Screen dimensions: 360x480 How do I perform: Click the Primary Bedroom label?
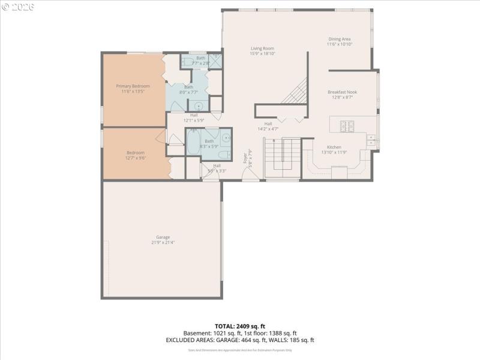(133, 86)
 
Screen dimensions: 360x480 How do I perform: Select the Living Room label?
(262, 48)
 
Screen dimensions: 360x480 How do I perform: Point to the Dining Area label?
(339, 39)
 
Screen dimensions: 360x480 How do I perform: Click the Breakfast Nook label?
(342, 92)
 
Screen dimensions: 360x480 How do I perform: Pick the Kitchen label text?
(334, 147)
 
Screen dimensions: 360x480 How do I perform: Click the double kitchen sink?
(371, 140)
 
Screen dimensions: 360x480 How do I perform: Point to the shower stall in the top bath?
(215, 60)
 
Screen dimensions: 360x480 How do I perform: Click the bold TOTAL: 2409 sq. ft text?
(239, 326)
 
